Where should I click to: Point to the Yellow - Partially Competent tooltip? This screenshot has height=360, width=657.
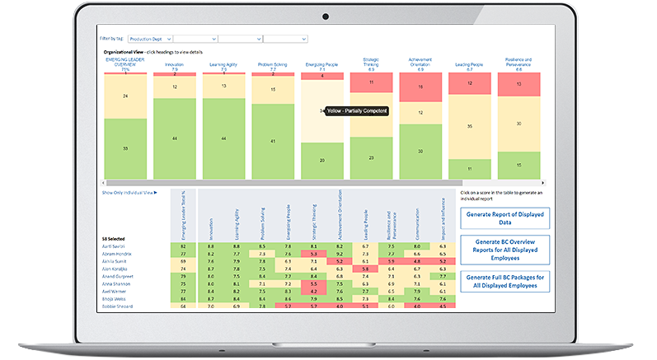pos(355,110)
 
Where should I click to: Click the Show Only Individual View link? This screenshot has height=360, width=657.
pos(129,192)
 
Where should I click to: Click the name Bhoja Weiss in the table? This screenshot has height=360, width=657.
pos(115,298)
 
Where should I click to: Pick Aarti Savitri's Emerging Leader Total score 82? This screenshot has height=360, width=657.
pos(182,245)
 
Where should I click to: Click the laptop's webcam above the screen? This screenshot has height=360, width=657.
pos(327,16)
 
